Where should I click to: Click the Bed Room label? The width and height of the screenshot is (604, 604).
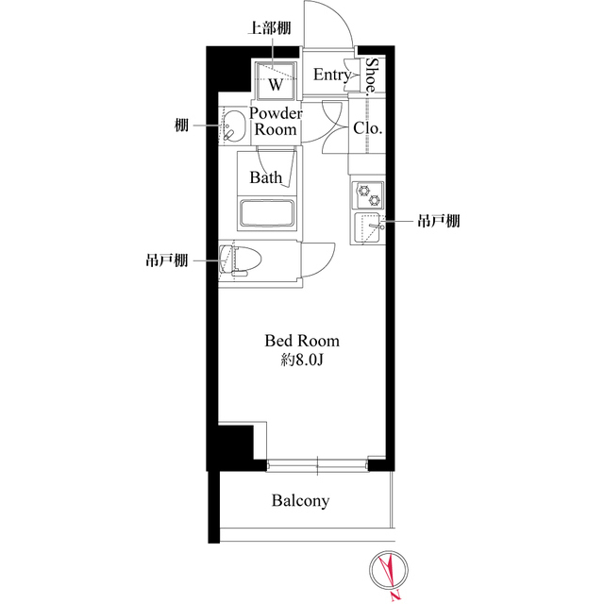pos(301,341)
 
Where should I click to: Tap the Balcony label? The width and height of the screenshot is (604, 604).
pos(301,501)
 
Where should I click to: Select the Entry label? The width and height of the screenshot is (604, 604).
pos(331,75)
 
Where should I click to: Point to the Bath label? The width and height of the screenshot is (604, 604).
pos(266,176)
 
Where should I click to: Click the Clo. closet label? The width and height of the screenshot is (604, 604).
pos(367,129)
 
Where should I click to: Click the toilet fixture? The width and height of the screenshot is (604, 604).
pos(240,260)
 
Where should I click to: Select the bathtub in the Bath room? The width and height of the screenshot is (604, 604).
pos(269,212)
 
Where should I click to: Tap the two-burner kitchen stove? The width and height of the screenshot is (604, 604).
pos(366,194)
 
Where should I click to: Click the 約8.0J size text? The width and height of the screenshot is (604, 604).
pos(301,360)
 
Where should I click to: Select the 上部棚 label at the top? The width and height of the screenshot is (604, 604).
pos(267,29)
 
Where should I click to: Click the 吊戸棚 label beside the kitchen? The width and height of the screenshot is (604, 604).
pos(439,222)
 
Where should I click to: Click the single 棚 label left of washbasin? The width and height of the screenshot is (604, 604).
pos(180,124)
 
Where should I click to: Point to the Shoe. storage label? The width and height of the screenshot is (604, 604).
pos(373,75)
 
